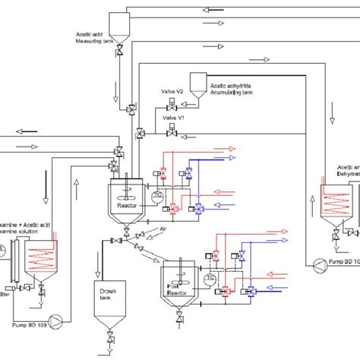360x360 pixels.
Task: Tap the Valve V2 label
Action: [172, 91]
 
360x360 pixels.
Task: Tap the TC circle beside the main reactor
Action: [159, 195]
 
